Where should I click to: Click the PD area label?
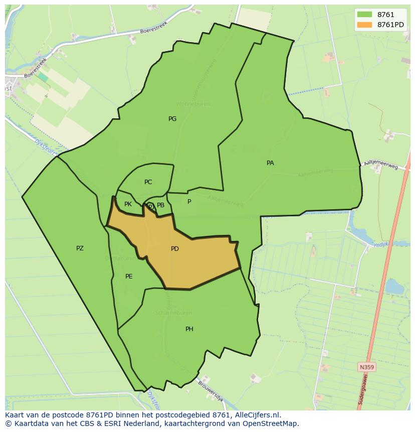point(174,249)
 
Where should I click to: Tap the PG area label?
point(172,119)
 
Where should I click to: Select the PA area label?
point(270,163)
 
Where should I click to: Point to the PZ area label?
point(80,248)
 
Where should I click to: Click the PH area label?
point(189,329)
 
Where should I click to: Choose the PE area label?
point(129,276)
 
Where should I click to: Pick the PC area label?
point(148,182)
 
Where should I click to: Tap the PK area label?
point(128,204)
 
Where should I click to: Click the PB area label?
point(160,205)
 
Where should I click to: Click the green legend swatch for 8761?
point(364,15)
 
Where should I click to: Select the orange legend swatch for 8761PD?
point(364,25)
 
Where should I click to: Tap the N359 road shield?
point(366,367)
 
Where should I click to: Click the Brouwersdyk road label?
point(211,391)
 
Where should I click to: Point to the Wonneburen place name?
point(179,104)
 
